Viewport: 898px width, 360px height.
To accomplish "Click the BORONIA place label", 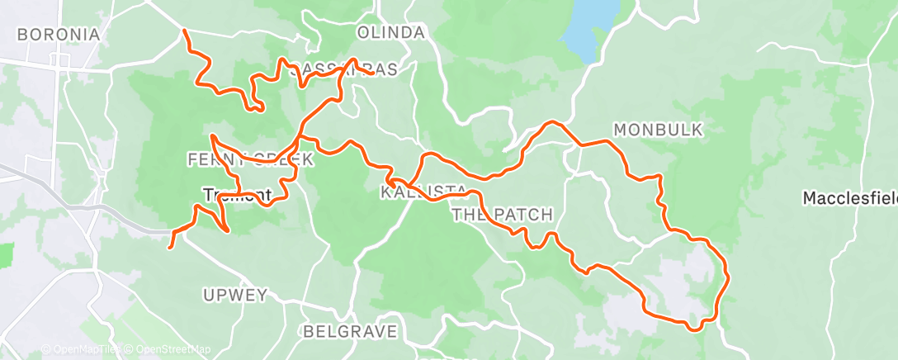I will [x=58, y=35].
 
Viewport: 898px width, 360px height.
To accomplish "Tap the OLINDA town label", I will [x=391, y=33].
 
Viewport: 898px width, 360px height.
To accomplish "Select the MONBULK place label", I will [x=658, y=130].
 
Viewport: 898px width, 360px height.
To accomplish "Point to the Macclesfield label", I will [x=851, y=198].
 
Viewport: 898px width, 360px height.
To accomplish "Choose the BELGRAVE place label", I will [x=350, y=332].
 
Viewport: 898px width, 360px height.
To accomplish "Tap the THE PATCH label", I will [x=502, y=216].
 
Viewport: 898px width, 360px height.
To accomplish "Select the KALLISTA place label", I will [x=423, y=192].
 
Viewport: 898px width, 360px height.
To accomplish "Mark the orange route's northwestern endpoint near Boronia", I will [x=183, y=31].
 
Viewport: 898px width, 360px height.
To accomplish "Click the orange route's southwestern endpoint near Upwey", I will [x=170, y=246].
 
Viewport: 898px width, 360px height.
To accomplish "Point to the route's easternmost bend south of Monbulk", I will [x=729, y=276].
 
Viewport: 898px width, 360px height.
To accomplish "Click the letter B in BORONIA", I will [x=21, y=35].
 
